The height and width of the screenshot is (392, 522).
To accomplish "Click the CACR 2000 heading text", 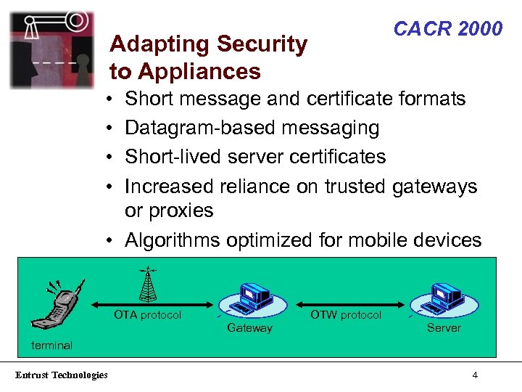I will [x=447, y=29].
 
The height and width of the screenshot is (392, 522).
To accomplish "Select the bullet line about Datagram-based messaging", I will [x=252, y=128].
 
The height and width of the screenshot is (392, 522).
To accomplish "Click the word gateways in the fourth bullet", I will [x=434, y=187].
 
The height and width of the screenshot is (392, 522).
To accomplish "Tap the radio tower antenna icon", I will [x=148, y=284].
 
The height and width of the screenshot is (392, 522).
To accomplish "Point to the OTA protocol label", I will [x=147, y=315].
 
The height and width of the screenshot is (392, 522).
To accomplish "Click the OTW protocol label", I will [x=345, y=315].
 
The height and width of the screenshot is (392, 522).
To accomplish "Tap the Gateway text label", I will [x=249, y=328].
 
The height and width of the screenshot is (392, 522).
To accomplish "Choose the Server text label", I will [x=444, y=328].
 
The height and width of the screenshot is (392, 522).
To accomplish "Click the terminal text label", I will [x=51, y=345].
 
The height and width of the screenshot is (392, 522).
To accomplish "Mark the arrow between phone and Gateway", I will [x=152, y=305].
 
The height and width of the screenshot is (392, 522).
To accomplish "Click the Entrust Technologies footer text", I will [x=61, y=375].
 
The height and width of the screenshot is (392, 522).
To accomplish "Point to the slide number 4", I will [x=474, y=375].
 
